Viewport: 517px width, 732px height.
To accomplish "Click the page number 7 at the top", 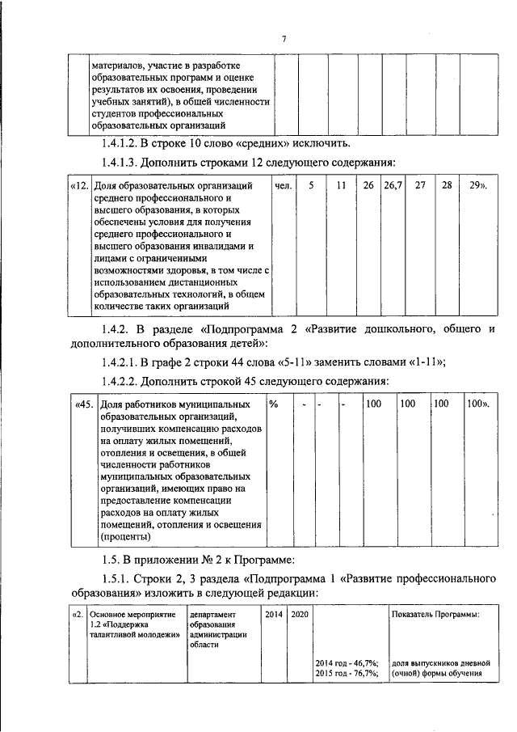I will coord(284,39).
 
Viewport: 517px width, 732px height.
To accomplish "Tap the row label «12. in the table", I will coord(79,186).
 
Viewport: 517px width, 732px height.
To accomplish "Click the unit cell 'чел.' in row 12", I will coord(283,186).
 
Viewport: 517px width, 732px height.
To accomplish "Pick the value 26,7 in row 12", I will coord(393,186).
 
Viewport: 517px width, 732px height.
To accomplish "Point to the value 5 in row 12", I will coord(311,186).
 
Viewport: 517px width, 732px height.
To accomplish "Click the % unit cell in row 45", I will coord(274,403).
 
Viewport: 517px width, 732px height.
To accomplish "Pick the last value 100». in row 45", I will coord(477,403).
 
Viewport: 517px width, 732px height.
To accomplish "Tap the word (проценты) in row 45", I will coord(125,535).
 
